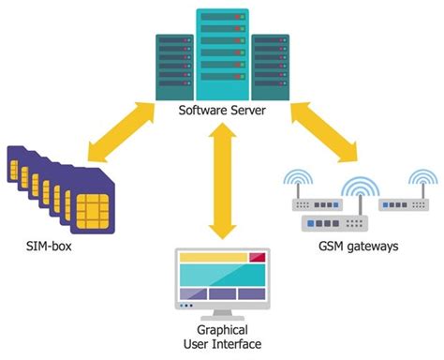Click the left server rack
click(176, 64)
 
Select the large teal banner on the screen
click(223, 274)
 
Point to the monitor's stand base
click(222, 316)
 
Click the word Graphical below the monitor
click(222, 331)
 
